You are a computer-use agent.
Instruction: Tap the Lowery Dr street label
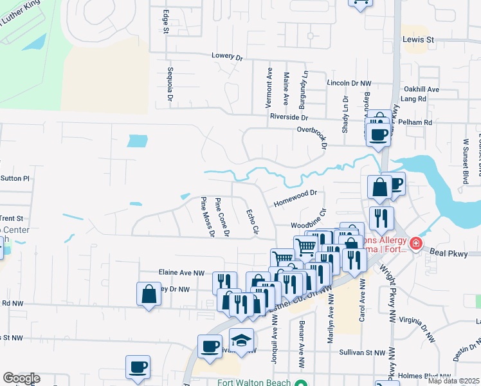(227, 57)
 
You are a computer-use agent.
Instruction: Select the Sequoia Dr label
(170, 84)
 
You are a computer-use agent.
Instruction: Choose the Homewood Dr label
(296, 192)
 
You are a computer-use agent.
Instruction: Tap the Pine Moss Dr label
(207, 217)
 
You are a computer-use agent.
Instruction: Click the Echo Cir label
(253, 221)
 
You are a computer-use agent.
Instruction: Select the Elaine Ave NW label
(174, 272)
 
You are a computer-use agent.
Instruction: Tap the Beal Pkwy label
(447, 253)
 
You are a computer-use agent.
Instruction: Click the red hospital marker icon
(416, 243)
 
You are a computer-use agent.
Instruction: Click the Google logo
(21, 378)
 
